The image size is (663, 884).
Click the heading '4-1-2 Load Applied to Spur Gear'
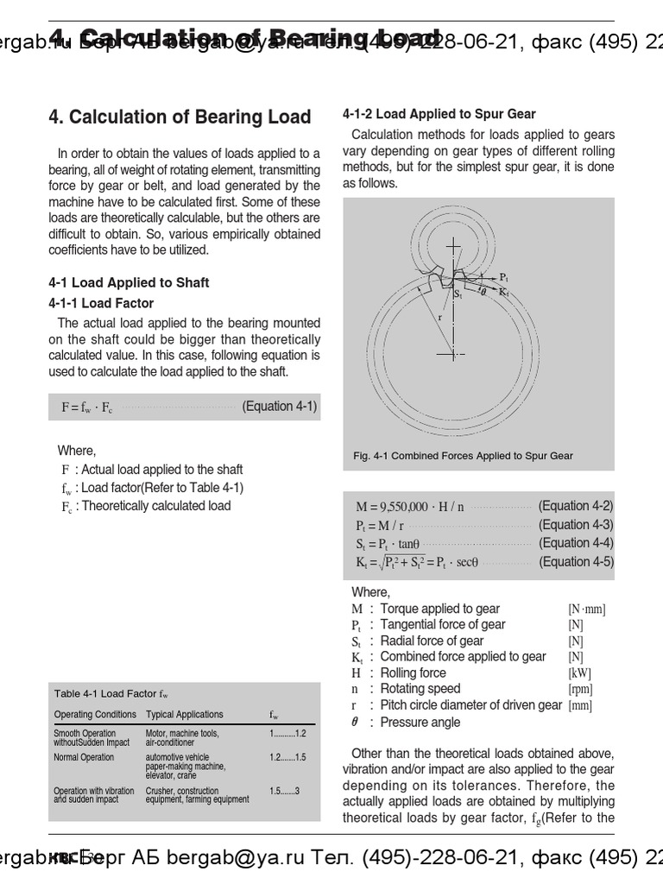[x=439, y=114]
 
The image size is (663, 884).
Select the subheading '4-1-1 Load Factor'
[x=101, y=303]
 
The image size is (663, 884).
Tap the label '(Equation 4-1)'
[x=279, y=406]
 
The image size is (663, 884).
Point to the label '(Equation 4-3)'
[x=576, y=524]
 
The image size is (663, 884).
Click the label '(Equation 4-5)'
[x=576, y=561]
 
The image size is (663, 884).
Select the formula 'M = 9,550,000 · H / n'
[x=410, y=507]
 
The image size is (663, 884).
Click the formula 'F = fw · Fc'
[x=87, y=407]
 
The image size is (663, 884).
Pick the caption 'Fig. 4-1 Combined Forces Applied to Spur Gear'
[x=463, y=456]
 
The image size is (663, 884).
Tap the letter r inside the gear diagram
[x=440, y=317]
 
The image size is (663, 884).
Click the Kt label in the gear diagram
[x=503, y=293]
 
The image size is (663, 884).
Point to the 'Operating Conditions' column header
[x=95, y=714]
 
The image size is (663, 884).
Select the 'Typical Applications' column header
[x=184, y=714]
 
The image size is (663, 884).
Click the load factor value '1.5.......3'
[x=284, y=791]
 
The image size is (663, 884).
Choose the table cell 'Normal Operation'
[x=84, y=757]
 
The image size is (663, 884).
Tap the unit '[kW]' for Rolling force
[x=579, y=672]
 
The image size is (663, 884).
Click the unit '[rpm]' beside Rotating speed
[x=580, y=689]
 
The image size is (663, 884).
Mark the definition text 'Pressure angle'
[x=420, y=722]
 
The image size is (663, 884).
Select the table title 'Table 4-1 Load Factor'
[x=110, y=693]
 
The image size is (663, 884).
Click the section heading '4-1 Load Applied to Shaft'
[x=129, y=282]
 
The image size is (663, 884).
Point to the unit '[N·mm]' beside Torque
[x=586, y=609]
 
